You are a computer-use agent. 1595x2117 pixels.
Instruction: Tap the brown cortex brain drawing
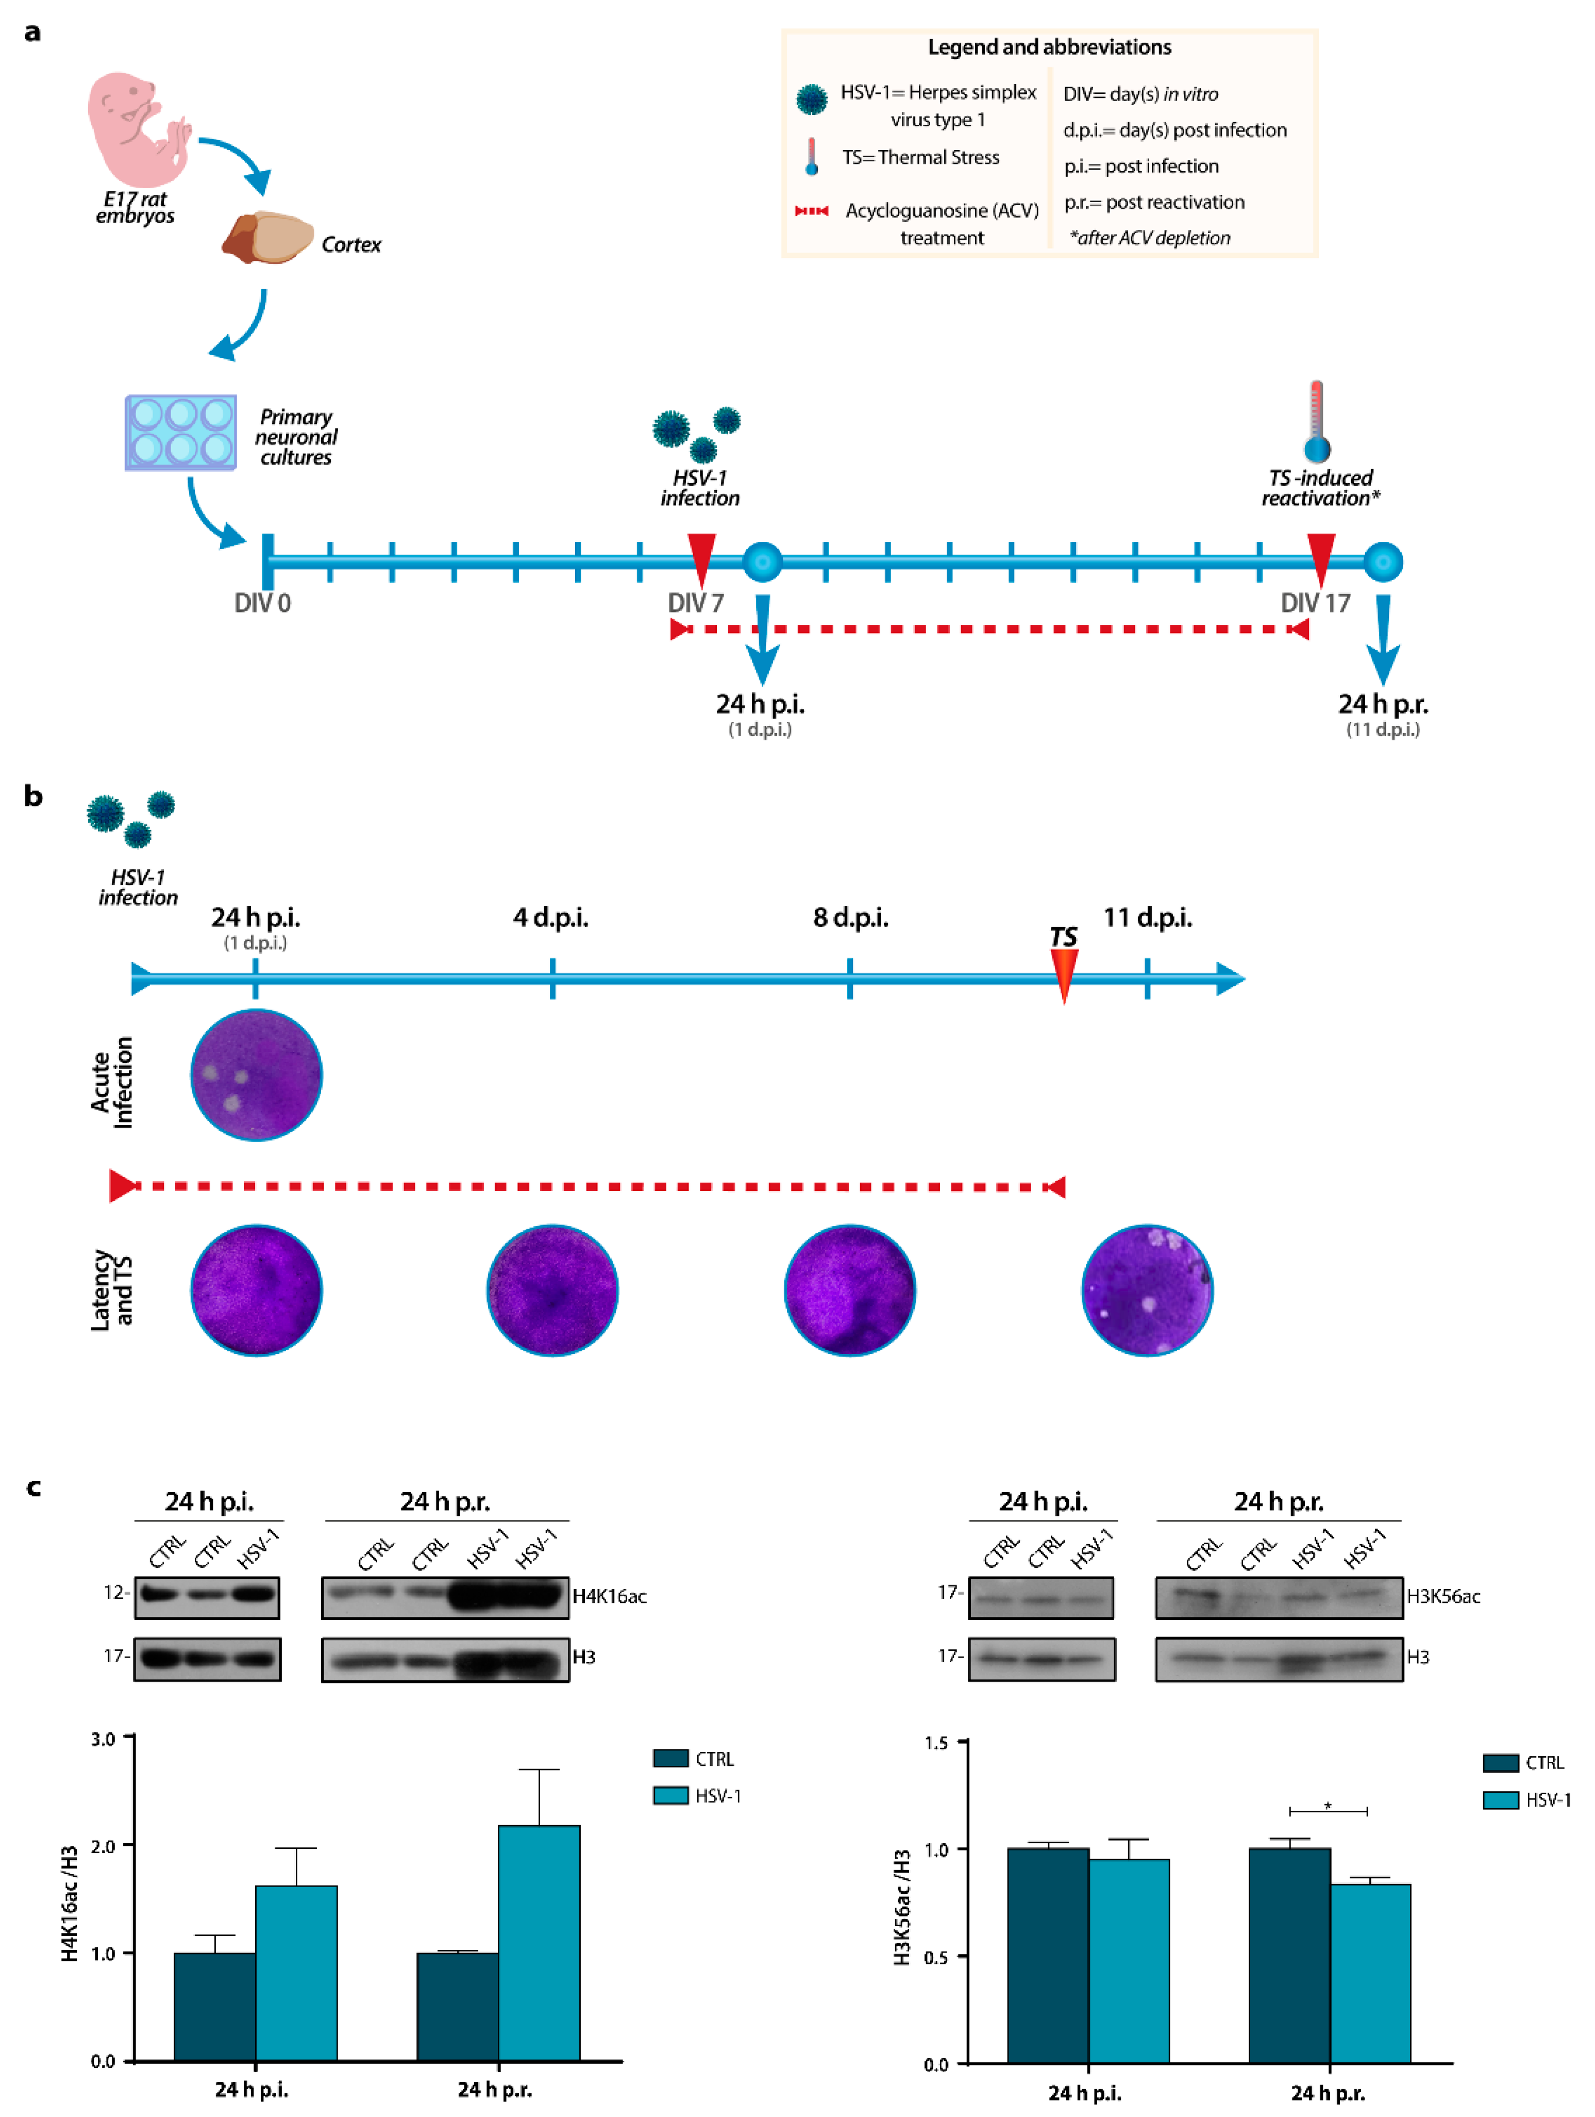[x=267, y=237]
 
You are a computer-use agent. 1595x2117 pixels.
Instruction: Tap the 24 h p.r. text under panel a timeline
[x=1383, y=704]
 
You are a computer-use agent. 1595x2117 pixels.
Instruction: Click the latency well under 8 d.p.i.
[x=850, y=1290]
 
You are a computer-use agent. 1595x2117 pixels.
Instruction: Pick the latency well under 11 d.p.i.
[x=1147, y=1290]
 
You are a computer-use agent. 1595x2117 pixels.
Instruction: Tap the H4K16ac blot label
[x=610, y=1596]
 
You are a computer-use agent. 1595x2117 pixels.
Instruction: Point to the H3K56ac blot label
[x=1443, y=1596]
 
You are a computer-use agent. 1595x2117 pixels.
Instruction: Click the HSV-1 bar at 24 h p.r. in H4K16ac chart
[x=539, y=1943]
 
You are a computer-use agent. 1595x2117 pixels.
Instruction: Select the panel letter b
[x=33, y=796]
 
